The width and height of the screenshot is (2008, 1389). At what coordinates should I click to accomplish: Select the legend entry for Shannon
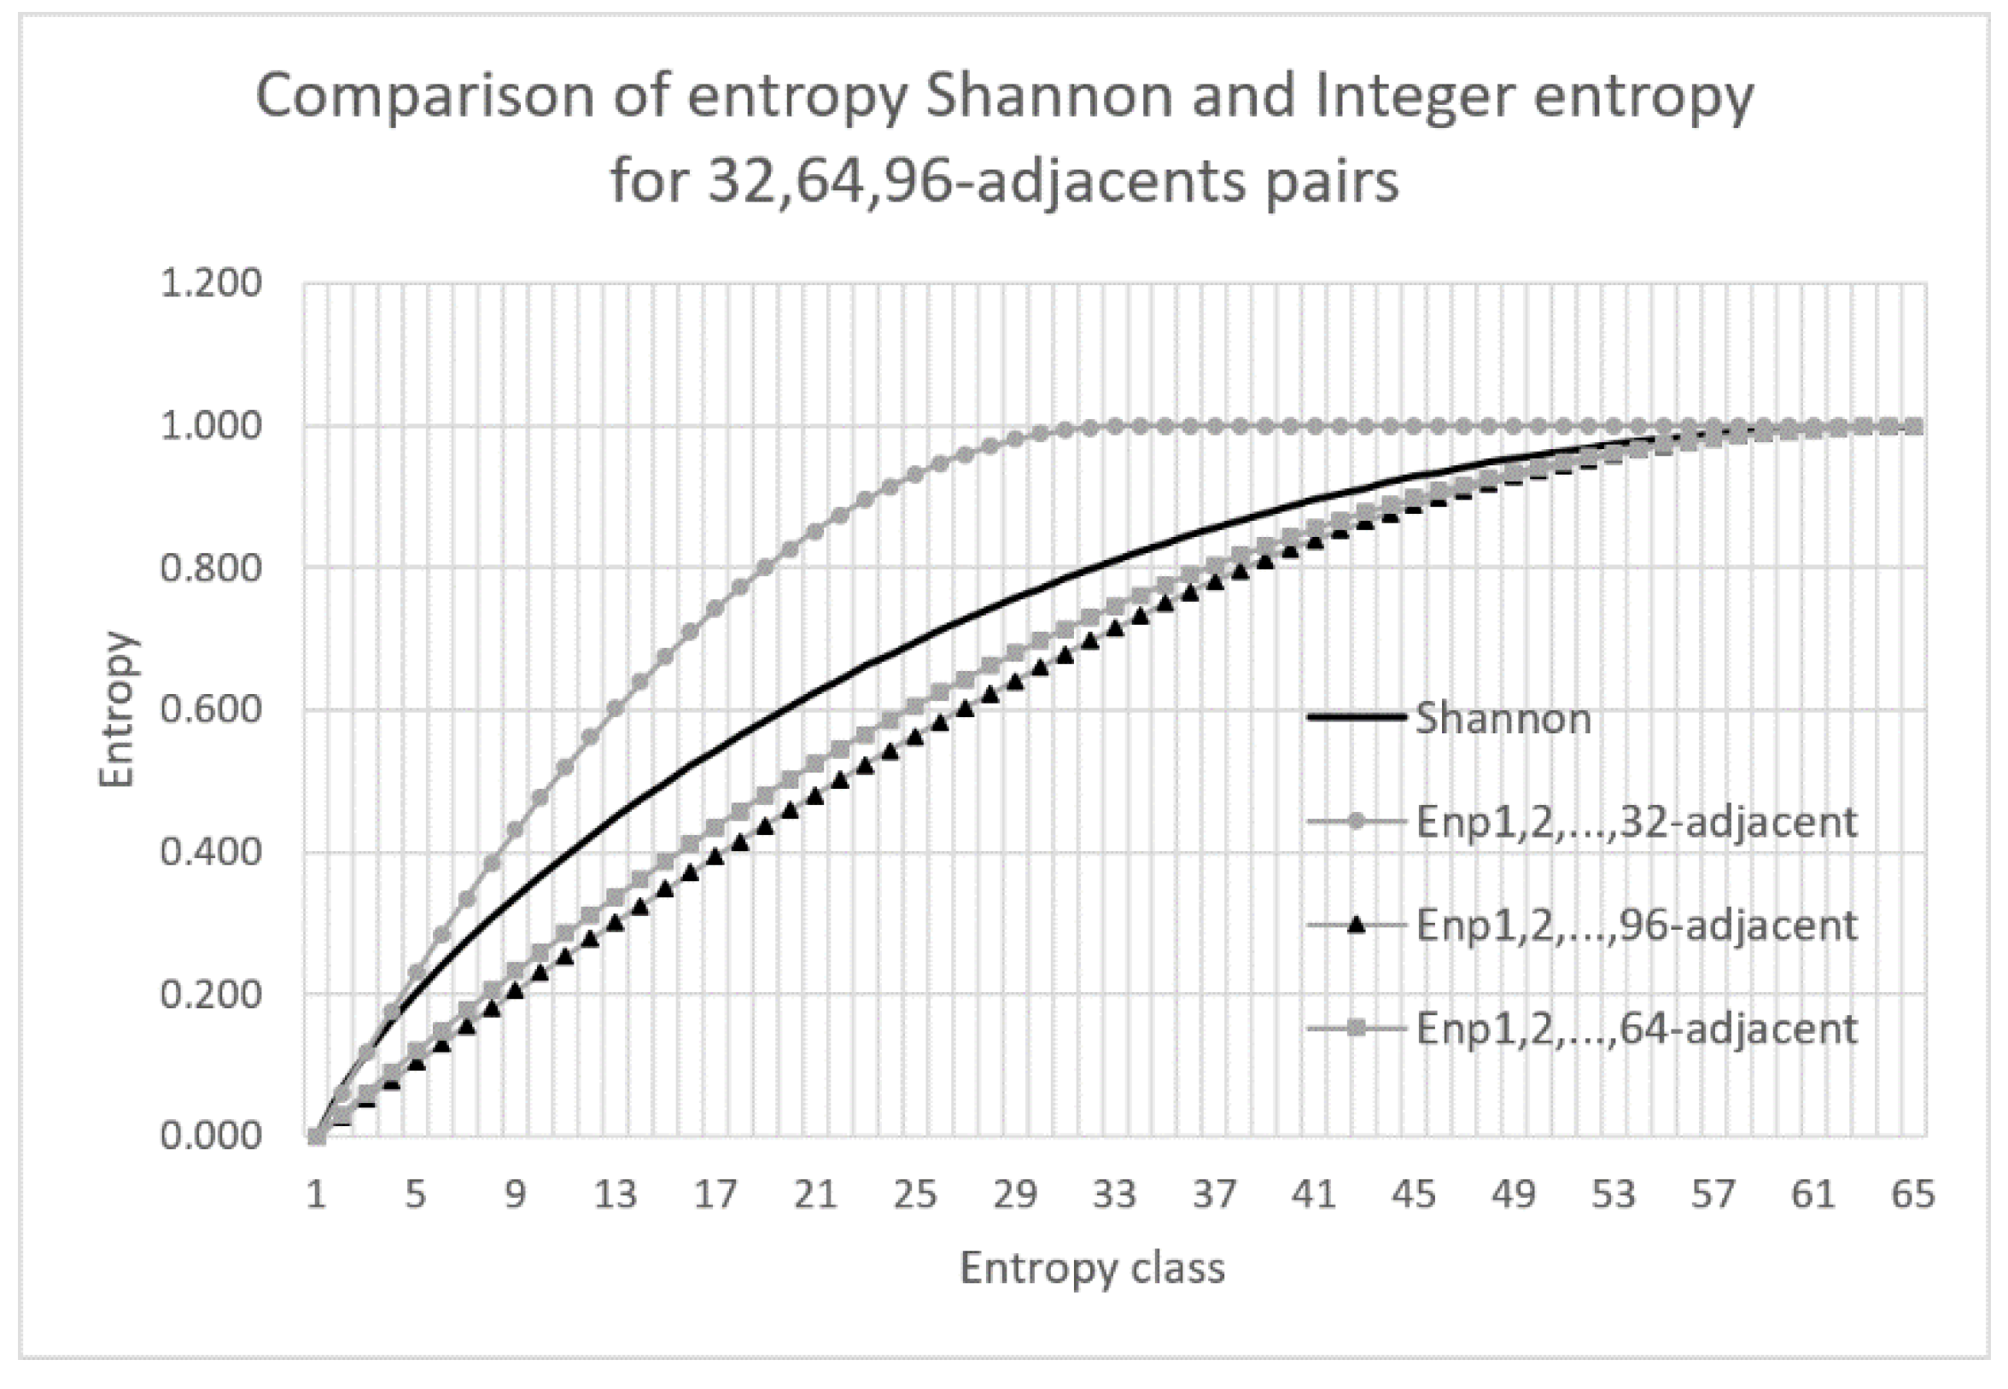pos(1503,718)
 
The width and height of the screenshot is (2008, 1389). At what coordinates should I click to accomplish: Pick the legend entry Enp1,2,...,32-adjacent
pos(1636,821)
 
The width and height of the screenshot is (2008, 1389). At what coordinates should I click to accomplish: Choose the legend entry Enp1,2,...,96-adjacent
pos(1636,925)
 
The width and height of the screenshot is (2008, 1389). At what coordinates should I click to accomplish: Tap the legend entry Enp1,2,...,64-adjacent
pos(1636,1029)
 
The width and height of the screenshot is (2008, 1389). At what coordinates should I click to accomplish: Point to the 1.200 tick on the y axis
pos(211,283)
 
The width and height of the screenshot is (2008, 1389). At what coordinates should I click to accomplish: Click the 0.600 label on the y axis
pos(211,710)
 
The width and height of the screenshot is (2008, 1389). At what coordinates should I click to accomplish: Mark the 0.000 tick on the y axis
pos(211,1135)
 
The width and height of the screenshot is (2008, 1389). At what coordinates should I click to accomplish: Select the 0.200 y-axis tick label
pos(211,994)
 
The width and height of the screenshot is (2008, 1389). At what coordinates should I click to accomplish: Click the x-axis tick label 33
pos(1115,1194)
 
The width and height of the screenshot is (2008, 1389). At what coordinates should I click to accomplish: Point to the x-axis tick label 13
pos(616,1194)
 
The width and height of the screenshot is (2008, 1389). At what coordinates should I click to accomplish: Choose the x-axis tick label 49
pos(1514,1194)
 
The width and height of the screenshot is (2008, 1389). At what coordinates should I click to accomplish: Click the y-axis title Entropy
pos(117,710)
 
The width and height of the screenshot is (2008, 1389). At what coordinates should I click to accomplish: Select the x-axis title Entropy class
pos(1092,1268)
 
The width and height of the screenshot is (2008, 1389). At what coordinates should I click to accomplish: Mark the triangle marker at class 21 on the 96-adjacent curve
pos(814,795)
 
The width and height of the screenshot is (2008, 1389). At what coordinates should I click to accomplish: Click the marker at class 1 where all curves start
pos(317,1135)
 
